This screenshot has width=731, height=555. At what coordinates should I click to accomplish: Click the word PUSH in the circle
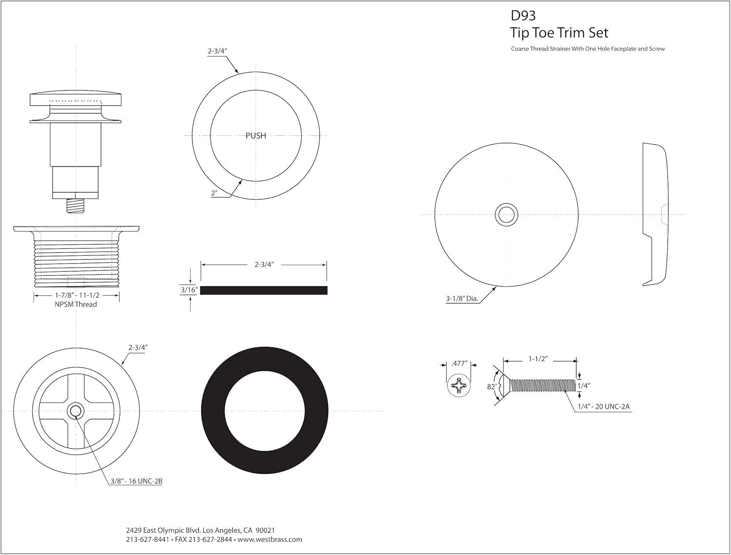(x=256, y=136)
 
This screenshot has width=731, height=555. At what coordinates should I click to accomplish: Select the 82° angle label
(x=492, y=386)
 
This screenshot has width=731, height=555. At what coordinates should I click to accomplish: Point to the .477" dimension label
(x=459, y=363)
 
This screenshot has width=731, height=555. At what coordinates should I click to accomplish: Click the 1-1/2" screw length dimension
(x=539, y=359)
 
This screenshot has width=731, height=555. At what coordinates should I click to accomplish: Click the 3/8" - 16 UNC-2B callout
(x=136, y=481)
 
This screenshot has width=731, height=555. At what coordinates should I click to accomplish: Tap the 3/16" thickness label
(x=189, y=290)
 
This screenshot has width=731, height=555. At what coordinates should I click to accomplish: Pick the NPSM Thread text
(x=77, y=305)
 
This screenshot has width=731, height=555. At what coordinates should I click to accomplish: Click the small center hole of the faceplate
(x=506, y=214)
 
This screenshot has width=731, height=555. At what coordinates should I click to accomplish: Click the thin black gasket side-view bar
(x=264, y=290)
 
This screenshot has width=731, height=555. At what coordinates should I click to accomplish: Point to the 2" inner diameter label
(x=214, y=193)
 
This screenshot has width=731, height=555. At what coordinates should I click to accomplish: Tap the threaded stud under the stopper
(x=76, y=206)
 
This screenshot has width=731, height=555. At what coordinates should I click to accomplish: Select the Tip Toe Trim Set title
(x=559, y=33)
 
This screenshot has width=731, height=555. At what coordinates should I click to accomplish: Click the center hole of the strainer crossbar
(x=76, y=411)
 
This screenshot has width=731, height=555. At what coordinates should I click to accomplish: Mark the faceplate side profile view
(x=654, y=214)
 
